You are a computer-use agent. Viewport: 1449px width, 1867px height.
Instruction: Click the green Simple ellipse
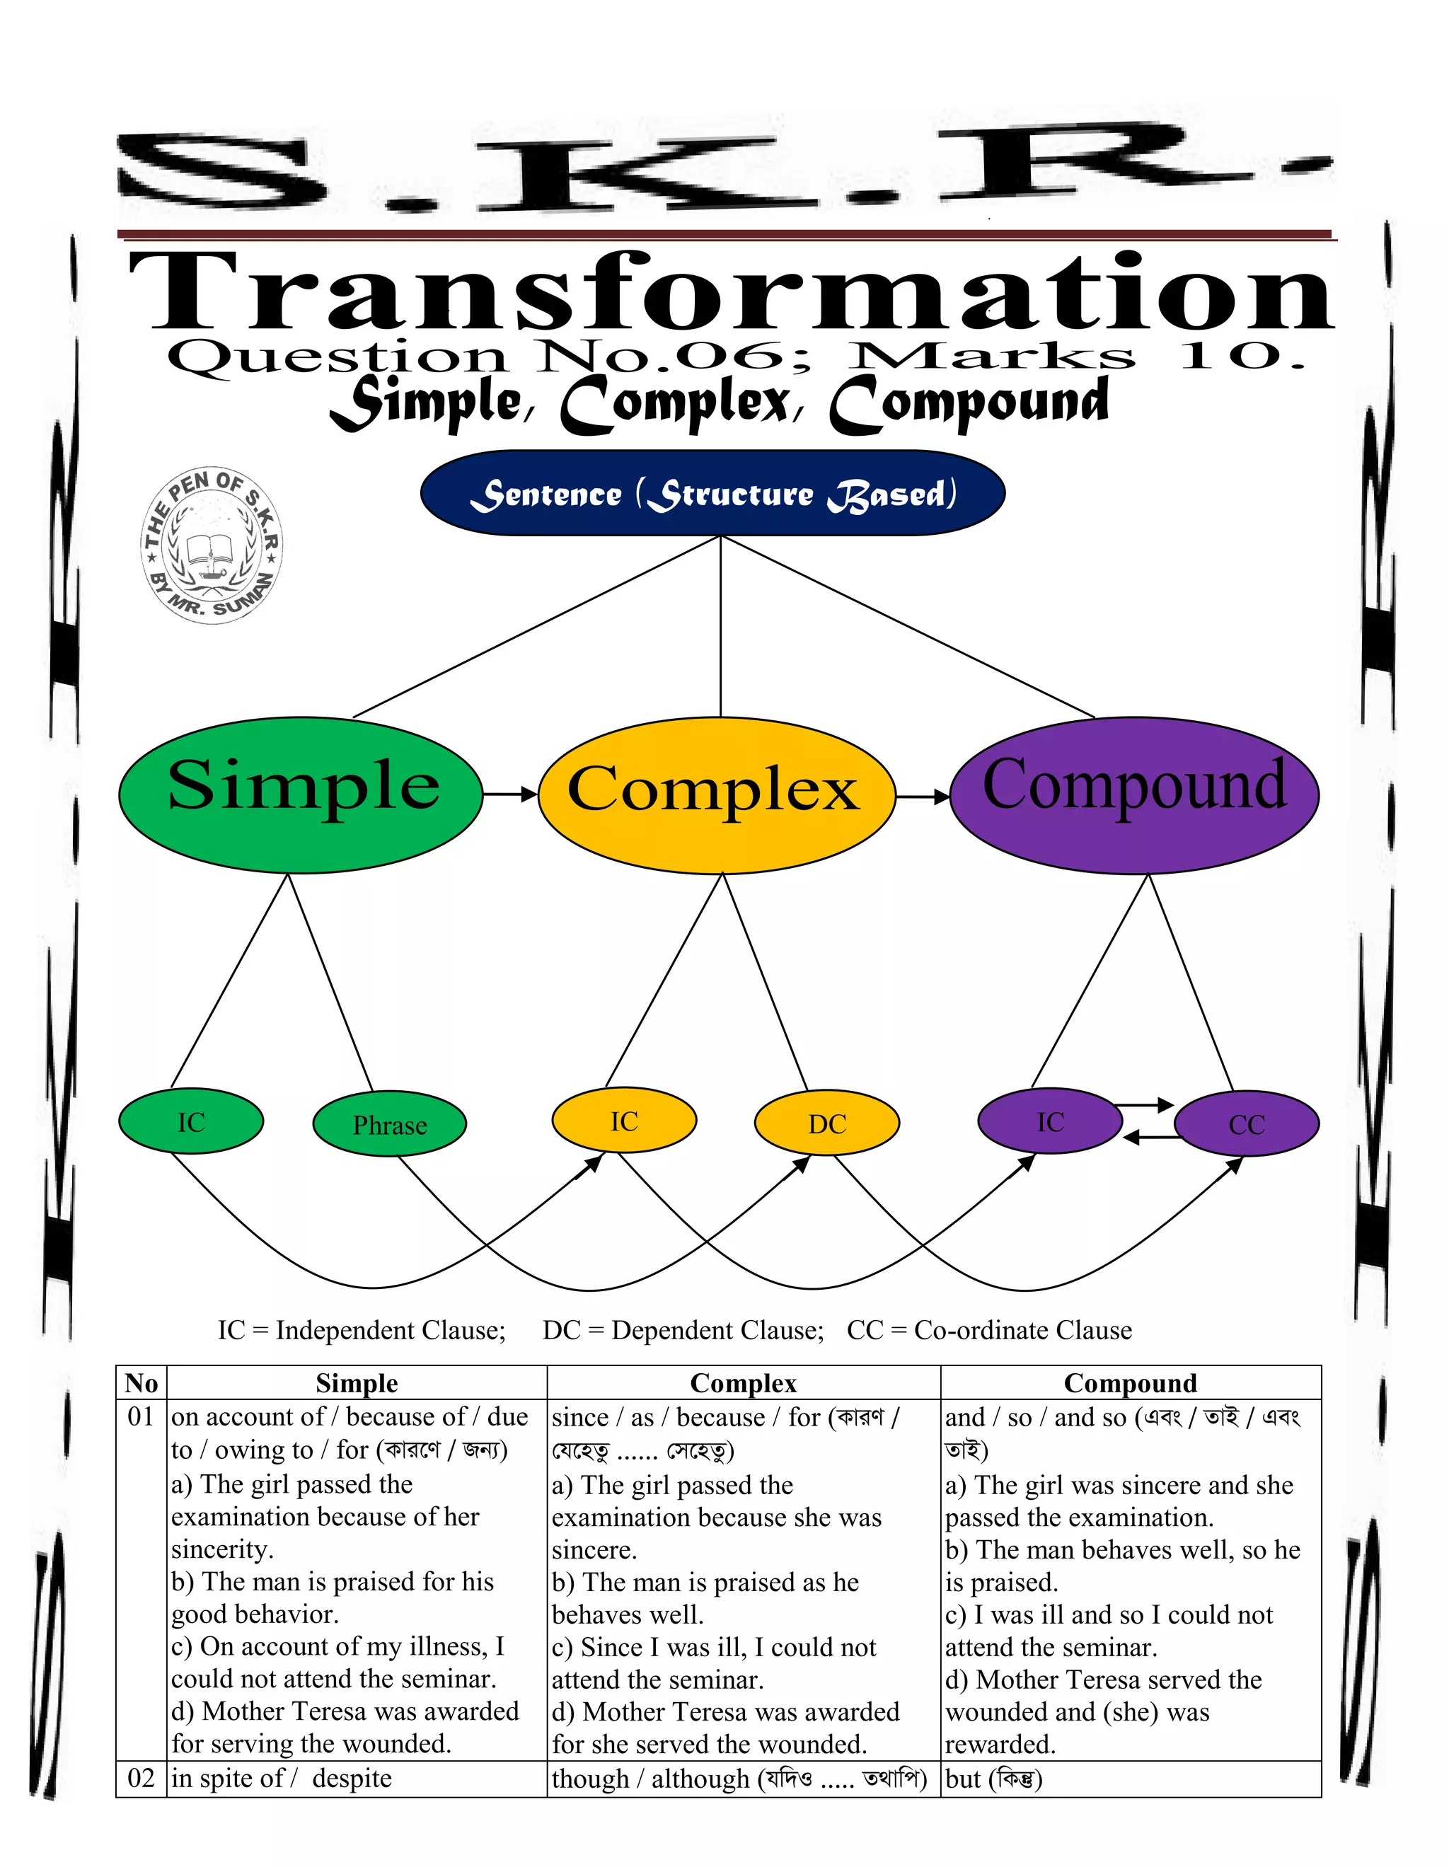click(300, 794)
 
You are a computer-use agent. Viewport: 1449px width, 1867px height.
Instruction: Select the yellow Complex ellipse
click(717, 794)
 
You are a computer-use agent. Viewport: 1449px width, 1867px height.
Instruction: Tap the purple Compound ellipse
click(1133, 794)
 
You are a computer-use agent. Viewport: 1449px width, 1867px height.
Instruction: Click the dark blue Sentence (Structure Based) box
click(712, 493)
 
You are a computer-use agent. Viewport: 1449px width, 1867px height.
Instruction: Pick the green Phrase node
click(389, 1124)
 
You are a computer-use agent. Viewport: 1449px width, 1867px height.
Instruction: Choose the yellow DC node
click(826, 1123)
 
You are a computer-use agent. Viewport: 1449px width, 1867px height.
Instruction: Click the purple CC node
click(1247, 1124)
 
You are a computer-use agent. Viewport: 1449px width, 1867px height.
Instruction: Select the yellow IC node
click(624, 1121)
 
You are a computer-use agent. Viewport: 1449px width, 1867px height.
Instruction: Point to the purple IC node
click(1050, 1121)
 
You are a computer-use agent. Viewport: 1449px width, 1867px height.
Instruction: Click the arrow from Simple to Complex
click(510, 794)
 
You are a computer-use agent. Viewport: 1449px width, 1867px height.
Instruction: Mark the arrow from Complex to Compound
click(923, 797)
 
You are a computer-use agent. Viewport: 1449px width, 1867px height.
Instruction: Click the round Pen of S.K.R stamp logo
click(211, 545)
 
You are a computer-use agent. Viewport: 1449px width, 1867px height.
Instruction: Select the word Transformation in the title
click(731, 292)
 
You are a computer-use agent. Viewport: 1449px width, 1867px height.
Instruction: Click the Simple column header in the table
click(357, 1382)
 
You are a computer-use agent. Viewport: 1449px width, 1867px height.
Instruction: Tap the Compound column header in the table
click(1130, 1382)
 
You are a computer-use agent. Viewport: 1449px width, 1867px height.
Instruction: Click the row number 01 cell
click(141, 1416)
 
